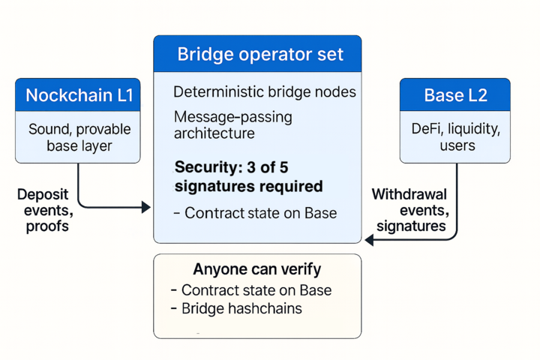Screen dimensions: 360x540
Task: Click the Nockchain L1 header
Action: [x=78, y=95]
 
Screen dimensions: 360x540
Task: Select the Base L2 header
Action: [x=454, y=95]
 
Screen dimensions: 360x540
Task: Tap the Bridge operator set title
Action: [x=257, y=54]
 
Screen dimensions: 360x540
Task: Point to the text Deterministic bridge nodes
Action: [x=265, y=92]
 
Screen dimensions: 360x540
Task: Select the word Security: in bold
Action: [x=207, y=166]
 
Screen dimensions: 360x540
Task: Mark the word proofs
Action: [x=46, y=226]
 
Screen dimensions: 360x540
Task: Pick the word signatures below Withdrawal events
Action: [x=411, y=226]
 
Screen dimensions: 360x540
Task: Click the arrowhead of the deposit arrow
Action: [x=146, y=207]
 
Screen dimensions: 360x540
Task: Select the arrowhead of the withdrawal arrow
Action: [x=369, y=240]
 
